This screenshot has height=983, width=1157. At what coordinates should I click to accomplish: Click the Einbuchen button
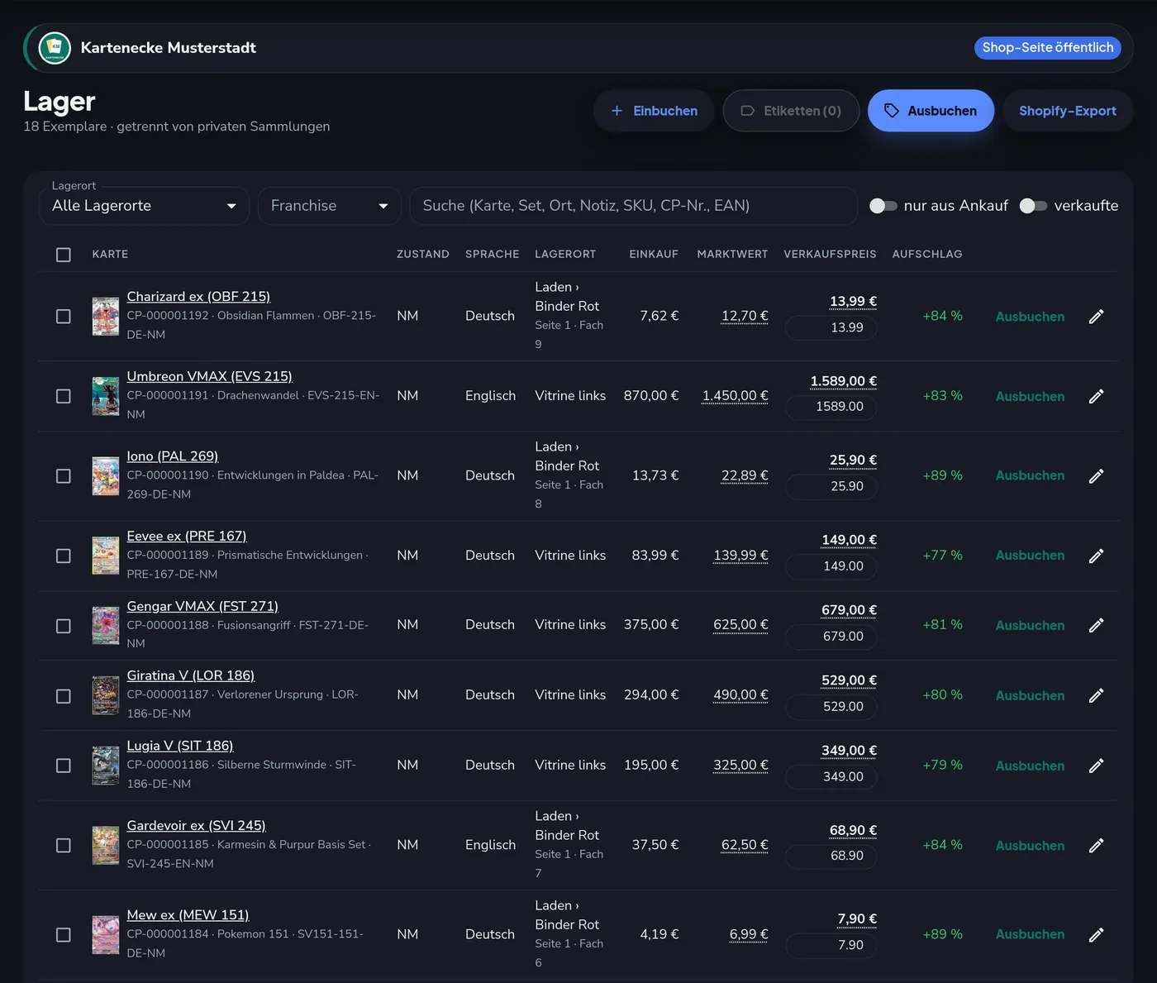pyautogui.click(x=653, y=111)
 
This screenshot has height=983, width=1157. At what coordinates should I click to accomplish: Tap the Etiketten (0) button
pyautogui.click(x=790, y=111)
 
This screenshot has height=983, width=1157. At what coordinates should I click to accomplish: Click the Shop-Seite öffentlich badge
pyautogui.click(x=1047, y=48)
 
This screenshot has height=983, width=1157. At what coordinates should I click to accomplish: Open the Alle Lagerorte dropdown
pyautogui.click(x=144, y=206)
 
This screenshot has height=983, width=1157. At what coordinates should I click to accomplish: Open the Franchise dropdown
pyautogui.click(x=329, y=206)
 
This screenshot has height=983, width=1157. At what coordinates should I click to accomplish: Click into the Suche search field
pyautogui.click(x=633, y=206)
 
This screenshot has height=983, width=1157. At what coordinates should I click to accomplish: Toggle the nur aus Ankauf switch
pyautogui.click(x=883, y=206)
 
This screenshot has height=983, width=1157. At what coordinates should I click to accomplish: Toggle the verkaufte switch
pyautogui.click(x=1033, y=206)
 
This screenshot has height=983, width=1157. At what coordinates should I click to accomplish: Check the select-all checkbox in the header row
pyautogui.click(x=64, y=255)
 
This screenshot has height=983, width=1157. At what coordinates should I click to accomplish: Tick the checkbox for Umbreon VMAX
pyautogui.click(x=64, y=396)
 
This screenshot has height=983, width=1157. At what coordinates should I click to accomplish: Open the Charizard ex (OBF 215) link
pyautogui.click(x=198, y=296)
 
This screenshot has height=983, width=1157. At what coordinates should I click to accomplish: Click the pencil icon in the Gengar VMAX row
pyautogui.click(x=1096, y=625)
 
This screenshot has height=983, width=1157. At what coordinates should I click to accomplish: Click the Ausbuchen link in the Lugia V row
pyautogui.click(x=1030, y=766)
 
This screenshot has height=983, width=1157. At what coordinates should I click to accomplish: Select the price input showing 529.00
pyautogui.click(x=831, y=706)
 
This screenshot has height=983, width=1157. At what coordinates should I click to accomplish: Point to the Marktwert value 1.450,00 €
pyautogui.click(x=735, y=395)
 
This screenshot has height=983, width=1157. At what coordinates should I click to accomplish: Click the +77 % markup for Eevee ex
pyautogui.click(x=942, y=555)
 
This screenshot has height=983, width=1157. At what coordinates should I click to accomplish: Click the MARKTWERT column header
pyautogui.click(x=732, y=255)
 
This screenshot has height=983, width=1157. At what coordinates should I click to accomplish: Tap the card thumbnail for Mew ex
pyautogui.click(x=105, y=934)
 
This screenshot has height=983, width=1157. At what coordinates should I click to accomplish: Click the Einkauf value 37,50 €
pyautogui.click(x=655, y=845)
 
